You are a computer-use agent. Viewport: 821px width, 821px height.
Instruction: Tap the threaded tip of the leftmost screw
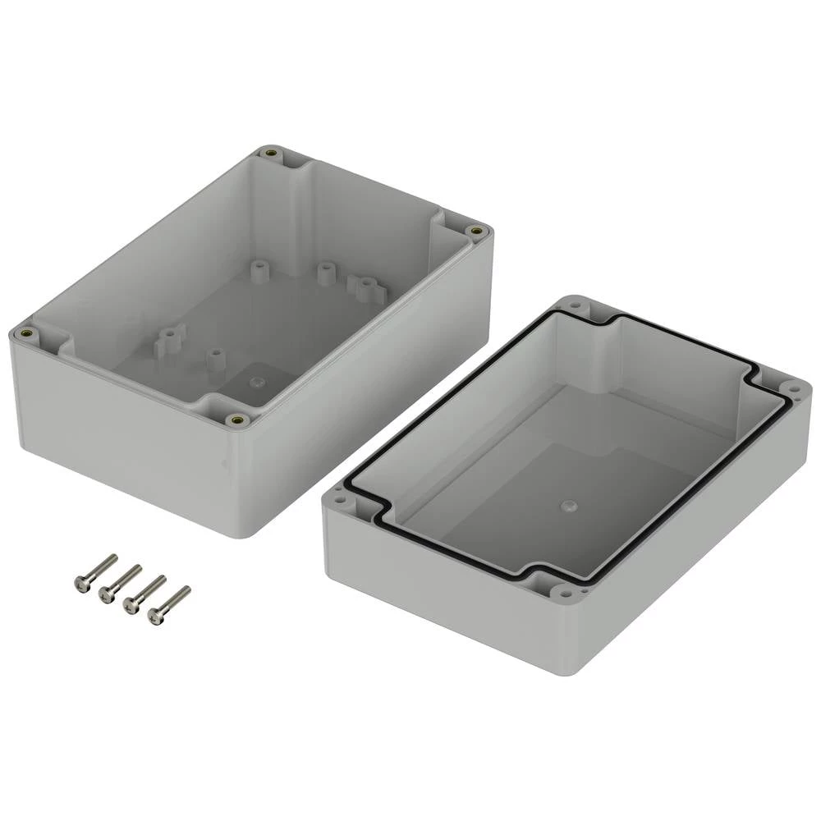pos(112,558)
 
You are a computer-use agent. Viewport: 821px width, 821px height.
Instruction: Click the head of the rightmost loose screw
pos(155,616)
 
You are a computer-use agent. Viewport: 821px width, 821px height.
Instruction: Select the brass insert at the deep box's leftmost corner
pos(26,333)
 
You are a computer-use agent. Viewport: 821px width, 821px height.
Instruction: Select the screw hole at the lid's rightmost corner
pos(793,388)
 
